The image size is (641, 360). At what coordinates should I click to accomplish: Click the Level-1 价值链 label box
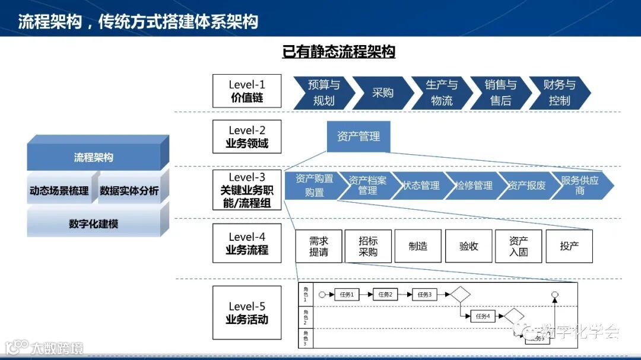[247, 91]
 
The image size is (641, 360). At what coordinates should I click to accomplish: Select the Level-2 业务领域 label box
[247, 137]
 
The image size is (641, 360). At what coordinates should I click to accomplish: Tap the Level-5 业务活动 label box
[247, 313]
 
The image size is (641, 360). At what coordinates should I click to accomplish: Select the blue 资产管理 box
[358, 136]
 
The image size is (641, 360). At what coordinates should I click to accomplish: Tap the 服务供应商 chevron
[579, 185]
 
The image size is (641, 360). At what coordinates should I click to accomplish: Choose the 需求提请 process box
[318, 246]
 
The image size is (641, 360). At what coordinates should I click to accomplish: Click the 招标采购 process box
[368, 246]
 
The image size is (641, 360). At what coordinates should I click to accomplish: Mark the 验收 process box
[469, 246]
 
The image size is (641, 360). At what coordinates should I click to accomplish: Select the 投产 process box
[569, 246]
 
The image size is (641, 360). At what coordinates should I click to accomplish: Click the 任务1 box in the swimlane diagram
[347, 294]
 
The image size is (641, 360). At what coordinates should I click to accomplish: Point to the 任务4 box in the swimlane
[483, 316]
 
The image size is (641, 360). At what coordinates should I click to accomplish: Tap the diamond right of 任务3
[459, 294]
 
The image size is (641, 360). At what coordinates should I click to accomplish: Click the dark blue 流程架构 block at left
[94, 157]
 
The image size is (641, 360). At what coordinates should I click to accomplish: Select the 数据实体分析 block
[129, 190]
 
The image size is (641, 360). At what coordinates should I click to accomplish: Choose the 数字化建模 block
[94, 224]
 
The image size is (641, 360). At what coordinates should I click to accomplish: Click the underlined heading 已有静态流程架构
[339, 52]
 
